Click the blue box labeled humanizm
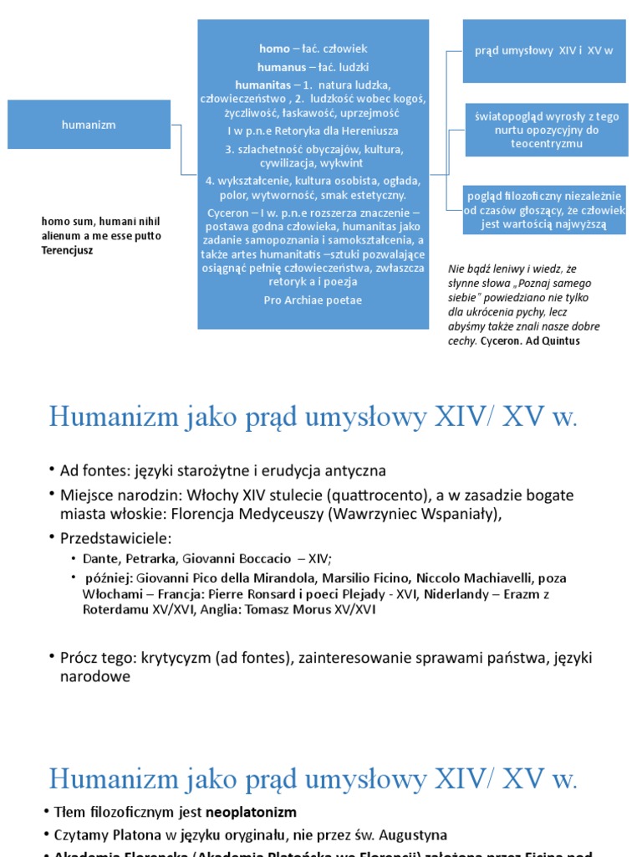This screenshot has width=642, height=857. click(89, 125)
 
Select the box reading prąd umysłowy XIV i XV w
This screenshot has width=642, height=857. click(544, 51)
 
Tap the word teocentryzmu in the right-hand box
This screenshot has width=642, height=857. click(544, 144)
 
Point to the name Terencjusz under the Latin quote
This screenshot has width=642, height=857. click(68, 249)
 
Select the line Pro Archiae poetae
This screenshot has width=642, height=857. click(313, 300)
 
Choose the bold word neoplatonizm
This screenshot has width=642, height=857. click(257, 812)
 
